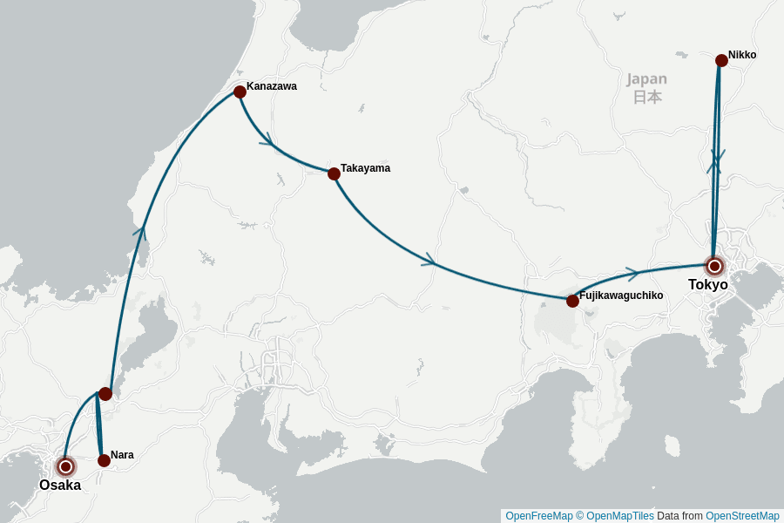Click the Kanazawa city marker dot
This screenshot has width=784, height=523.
(240, 92)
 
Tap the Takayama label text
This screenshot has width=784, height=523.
(365, 168)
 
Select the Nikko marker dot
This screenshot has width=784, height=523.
(721, 60)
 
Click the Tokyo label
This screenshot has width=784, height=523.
(707, 285)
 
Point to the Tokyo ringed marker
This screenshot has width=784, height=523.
(714, 266)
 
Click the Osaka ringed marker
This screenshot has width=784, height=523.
(65, 466)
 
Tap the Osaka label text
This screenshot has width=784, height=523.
(60, 486)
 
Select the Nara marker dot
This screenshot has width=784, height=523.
(104, 460)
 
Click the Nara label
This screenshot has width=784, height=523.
(122, 455)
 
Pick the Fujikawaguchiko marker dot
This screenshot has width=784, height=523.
(572, 301)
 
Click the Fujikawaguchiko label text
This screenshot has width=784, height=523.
(621, 295)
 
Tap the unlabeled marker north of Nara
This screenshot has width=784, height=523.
(105, 394)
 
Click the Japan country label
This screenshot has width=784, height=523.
(646, 87)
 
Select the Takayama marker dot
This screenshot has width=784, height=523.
(334, 173)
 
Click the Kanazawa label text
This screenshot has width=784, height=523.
(272, 86)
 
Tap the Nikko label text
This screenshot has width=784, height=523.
(742, 55)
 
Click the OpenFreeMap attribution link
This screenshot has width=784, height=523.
(539, 516)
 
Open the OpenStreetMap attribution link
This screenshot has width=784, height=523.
(742, 516)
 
